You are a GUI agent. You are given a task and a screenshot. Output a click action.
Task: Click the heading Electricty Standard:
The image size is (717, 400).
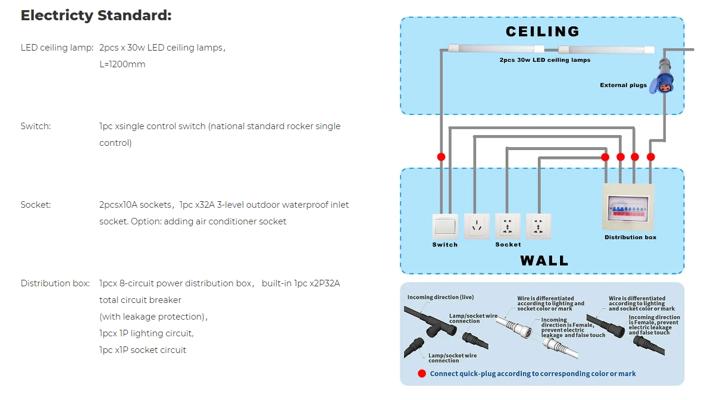coord(96,15)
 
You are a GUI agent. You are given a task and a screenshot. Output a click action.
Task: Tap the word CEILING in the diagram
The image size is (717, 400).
coord(542,32)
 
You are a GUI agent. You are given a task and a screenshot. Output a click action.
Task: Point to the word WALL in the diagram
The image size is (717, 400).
coord(544,261)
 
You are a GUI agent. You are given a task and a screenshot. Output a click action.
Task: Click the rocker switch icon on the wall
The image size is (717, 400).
coord(445,226)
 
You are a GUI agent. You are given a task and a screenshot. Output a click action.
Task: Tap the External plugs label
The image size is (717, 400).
coord(623,85)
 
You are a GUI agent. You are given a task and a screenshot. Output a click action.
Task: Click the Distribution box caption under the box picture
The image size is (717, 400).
coord(630,237)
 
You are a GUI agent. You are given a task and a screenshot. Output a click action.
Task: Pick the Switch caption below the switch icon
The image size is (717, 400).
coord(445,245)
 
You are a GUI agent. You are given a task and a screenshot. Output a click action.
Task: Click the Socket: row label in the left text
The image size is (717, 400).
coord(36,205)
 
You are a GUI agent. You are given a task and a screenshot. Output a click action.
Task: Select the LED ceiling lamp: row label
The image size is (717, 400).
coord(57,48)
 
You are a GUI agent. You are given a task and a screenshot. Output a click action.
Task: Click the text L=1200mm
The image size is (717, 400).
coord(122,64)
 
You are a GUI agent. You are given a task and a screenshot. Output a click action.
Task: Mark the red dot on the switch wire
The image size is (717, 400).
coord(441,157)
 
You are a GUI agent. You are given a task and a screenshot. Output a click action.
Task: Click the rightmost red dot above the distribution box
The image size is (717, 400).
coord(650,157)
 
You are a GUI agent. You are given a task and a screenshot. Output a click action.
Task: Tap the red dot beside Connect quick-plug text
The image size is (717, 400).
coord(422,374)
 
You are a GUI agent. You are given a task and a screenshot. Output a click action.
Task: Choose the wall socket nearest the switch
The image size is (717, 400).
coord(477,226)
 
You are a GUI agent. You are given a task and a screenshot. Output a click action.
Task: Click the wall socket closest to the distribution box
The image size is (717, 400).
coord(538,226)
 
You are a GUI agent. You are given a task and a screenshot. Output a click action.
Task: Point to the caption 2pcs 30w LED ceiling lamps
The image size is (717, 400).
coord(544,61)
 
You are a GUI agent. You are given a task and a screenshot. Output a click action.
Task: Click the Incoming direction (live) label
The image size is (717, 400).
coord(440,297)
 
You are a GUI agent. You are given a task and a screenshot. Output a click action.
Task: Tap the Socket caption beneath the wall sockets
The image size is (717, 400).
coord(508,245)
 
